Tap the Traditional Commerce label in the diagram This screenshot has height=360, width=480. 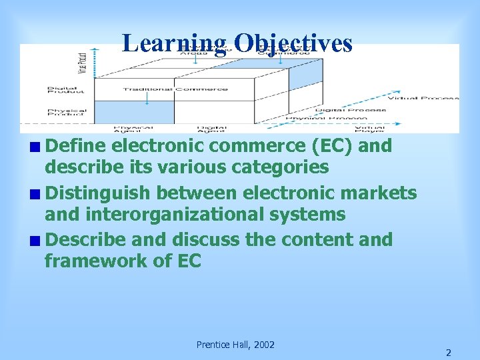click(x=175, y=89)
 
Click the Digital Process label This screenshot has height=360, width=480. click(x=351, y=110)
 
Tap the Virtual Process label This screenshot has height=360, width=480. click(x=423, y=98)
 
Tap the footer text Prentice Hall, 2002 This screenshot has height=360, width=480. click(x=235, y=345)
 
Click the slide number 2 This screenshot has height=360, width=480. click(x=448, y=352)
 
